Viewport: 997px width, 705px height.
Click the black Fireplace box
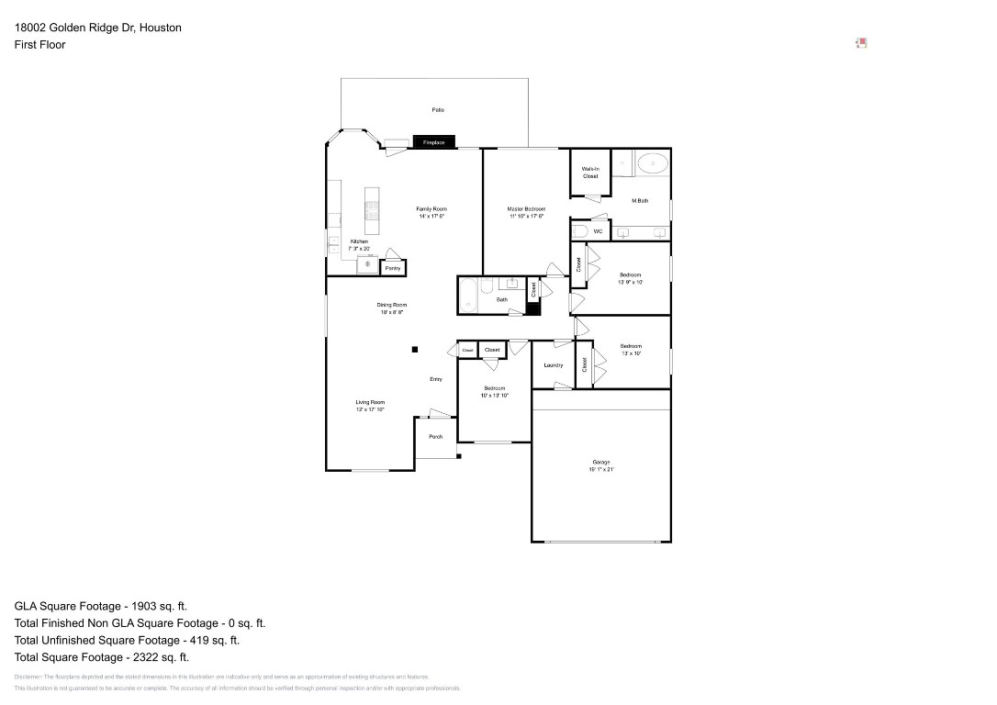pos(433,142)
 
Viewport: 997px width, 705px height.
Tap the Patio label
pos(438,110)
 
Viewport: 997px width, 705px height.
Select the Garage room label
pos(601,462)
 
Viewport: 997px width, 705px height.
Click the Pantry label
pos(393,268)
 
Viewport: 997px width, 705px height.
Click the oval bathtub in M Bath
pos(653,163)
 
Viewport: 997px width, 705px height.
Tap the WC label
pos(598,231)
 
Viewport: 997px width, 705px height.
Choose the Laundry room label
pos(553,365)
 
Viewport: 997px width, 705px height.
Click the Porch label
pos(436,437)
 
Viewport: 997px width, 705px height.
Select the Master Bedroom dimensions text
pos(526,217)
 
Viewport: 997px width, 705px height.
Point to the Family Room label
pos(431,209)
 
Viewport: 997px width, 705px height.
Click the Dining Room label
pos(392,305)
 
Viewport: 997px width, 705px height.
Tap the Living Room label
pos(370,402)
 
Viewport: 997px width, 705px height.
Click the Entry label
pos(436,379)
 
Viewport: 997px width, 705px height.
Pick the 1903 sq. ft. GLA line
pos(101,606)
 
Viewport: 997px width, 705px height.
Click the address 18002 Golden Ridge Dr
pos(97,28)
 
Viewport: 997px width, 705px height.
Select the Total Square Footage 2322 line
pos(102,657)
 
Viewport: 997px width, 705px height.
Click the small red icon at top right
pos(861,42)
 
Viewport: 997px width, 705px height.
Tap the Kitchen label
pos(359,241)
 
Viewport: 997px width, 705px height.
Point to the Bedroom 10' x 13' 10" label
pos(494,388)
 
